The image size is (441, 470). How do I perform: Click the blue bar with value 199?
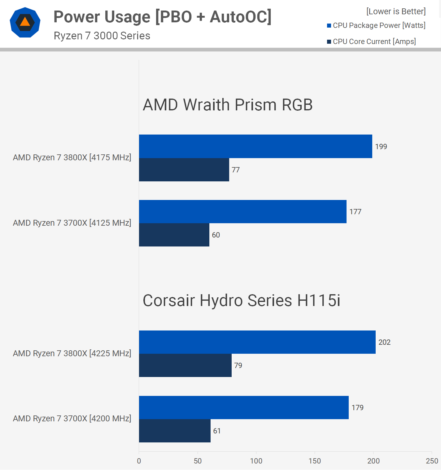255,146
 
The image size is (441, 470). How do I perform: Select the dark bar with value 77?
184,170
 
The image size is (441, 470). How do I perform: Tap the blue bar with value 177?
242,212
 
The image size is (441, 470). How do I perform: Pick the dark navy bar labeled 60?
174,235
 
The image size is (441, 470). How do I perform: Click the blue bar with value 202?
257,342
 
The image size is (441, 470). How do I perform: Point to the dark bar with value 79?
185,366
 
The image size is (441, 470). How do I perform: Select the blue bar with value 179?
244,408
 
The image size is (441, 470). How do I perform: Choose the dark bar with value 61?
175,431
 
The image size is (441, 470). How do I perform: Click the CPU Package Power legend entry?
376,25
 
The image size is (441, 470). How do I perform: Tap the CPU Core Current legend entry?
371,42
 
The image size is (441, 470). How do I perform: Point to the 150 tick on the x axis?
315,461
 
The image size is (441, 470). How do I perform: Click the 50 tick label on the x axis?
198,461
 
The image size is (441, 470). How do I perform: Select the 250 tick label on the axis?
432,461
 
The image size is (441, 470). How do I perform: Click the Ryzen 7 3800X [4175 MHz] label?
72,157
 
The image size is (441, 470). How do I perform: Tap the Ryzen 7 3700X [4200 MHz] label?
72,419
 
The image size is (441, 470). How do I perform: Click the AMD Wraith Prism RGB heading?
228,105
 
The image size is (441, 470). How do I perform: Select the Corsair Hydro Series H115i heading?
241,300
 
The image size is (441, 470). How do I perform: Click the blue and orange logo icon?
25,22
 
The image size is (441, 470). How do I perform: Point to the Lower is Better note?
396,11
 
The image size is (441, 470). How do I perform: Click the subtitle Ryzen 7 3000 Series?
102,36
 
